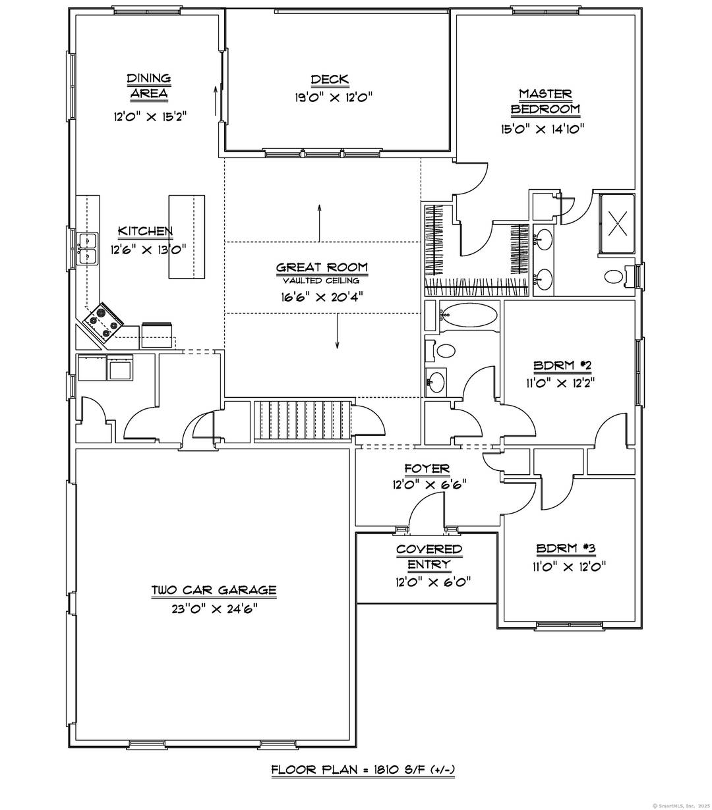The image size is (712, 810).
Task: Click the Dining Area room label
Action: [x=148, y=86]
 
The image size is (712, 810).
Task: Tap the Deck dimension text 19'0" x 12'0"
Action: [x=334, y=97]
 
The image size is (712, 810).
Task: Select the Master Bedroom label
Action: [x=545, y=101]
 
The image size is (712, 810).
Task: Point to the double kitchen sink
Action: [x=87, y=248]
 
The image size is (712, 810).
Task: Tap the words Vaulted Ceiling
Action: [x=322, y=281]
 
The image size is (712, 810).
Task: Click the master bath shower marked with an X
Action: [x=617, y=223]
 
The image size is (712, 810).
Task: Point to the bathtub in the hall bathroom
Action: [x=469, y=316]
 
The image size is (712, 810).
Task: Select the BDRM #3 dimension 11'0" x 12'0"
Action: [x=570, y=566]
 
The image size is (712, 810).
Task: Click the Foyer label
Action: [x=427, y=469]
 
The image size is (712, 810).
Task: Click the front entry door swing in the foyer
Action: [x=425, y=510]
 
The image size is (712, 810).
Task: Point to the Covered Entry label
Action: [x=429, y=556]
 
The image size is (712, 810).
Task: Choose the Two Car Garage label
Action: [x=214, y=591]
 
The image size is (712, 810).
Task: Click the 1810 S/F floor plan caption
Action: [x=363, y=770]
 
